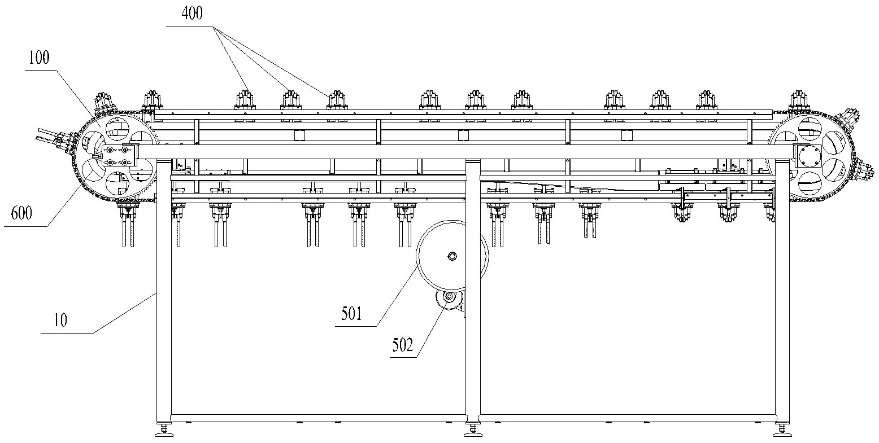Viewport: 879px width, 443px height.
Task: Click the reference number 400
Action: pyautogui.click(x=192, y=14)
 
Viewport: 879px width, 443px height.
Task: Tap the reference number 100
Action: pyautogui.click(x=39, y=58)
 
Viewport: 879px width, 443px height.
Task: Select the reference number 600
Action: pyautogui.click(x=21, y=213)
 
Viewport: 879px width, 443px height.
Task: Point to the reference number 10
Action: pyautogui.click(x=60, y=321)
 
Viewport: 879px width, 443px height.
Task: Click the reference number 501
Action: pyautogui.click(x=351, y=314)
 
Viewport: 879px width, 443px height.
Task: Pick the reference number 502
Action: pyautogui.click(x=403, y=345)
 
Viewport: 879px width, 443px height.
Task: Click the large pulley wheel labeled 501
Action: pyautogui.click(x=452, y=256)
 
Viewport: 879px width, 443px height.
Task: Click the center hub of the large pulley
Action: pyautogui.click(x=452, y=256)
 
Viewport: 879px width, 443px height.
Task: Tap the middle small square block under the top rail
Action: pyautogui.click(x=463, y=135)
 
